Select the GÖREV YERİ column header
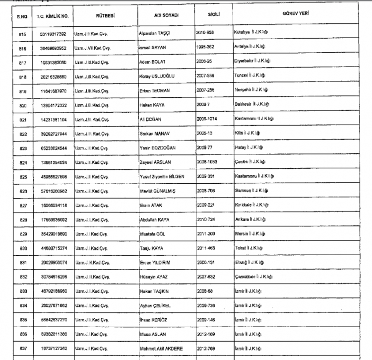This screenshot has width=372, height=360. click(296, 13)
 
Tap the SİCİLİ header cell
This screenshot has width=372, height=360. click(214, 15)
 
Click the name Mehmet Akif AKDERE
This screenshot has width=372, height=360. click(161, 349)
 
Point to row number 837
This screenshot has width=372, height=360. click(22, 349)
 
